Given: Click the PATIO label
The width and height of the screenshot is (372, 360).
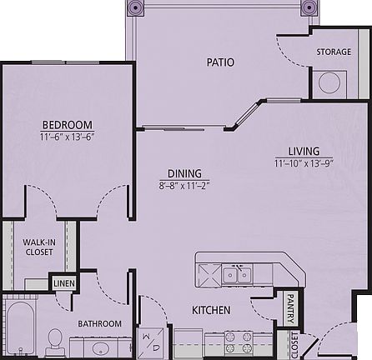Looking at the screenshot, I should tap(220, 62).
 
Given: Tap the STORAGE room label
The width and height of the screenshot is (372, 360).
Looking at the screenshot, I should tap(333, 52).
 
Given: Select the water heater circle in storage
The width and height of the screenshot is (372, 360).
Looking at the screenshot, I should tap(329, 82).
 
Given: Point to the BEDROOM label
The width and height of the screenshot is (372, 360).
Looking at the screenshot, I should tap(68, 126).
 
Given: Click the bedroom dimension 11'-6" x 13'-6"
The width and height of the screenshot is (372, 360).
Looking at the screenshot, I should tap(68, 138).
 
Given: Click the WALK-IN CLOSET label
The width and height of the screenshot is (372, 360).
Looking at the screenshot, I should tap(38, 246).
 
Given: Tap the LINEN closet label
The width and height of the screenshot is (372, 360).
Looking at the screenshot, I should tap(63, 283).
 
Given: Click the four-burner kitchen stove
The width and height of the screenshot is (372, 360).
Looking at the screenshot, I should tap(238, 341).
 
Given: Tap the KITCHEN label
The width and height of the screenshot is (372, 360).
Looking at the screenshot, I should tap(211, 311).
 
